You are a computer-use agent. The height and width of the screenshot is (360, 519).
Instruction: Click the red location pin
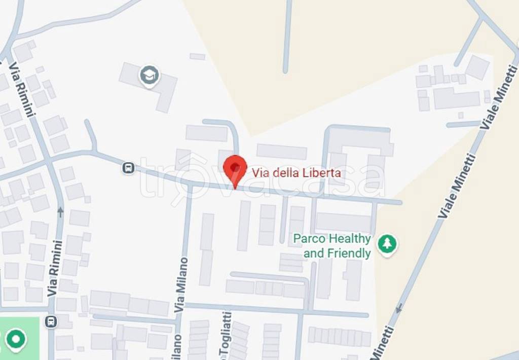pyautogui.click(x=235, y=169)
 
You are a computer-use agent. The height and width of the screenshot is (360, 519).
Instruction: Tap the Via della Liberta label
pyautogui.click(x=296, y=173)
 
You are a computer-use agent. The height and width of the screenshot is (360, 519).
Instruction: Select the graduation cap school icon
pyautogui.click(x=150, y=76)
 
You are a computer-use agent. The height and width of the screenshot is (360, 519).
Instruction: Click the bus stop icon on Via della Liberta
pyautogui.click(x=129, y=168)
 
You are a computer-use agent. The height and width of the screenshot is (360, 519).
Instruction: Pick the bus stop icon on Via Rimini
pyautogui.click(x=51, y=321)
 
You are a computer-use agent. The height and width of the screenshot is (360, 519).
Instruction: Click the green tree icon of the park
pyautogui.click(x=388, y=244)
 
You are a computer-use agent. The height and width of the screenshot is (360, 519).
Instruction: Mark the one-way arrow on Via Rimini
pyautogui.click(x=60, y=211)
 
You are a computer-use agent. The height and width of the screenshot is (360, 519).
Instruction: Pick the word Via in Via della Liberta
pyautogui.click(x=261, y=173)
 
